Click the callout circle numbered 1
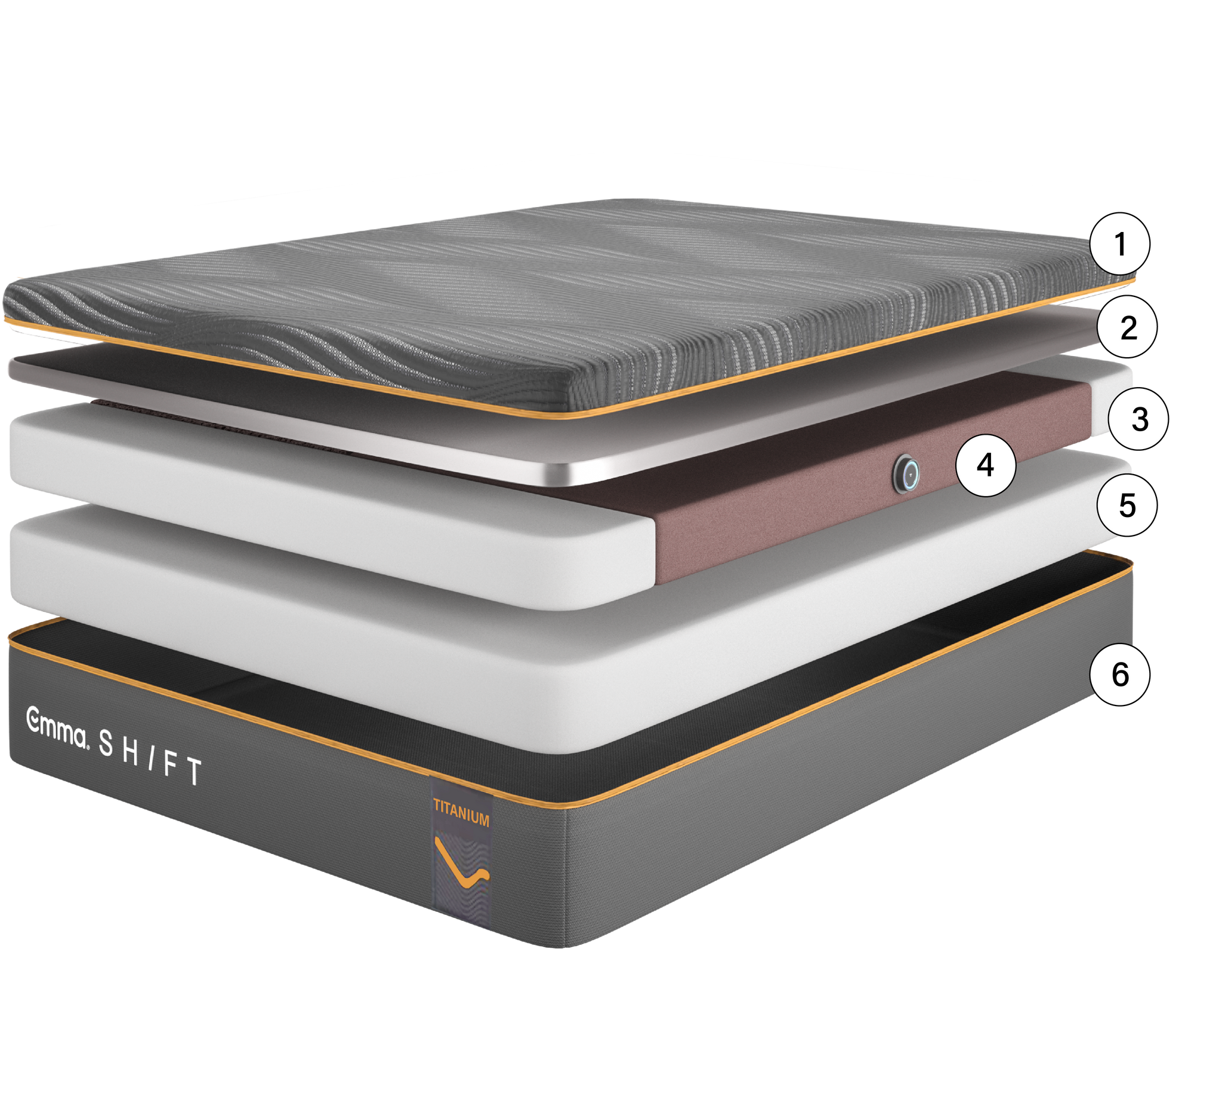point(1119,243)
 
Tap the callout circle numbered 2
point(1128,327)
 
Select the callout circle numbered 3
point(1138,419)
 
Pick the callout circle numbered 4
point(986,465)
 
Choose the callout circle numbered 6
point(1119,674)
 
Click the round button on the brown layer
point(906,473)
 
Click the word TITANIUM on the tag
point(461,812)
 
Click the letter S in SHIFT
point(106,743)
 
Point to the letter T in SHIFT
point(193,771)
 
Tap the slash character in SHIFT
point(151,758)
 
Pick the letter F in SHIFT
point(171,765)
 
